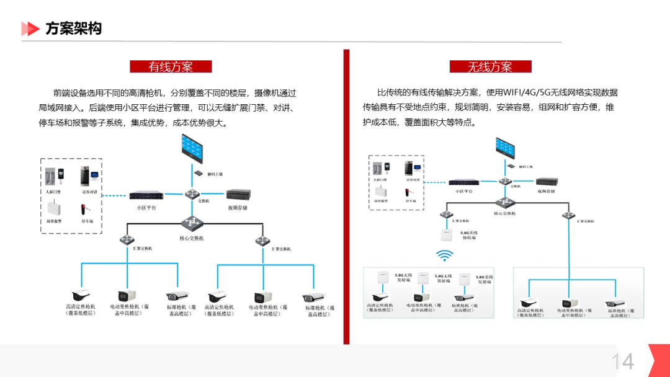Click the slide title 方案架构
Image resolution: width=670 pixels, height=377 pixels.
[73, 29]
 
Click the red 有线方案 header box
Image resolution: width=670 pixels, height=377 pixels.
[171, 66]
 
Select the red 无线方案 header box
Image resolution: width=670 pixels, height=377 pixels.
[490, 66]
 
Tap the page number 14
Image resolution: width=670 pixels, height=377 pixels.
[622, 361]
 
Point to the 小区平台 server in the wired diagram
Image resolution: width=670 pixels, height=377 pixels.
[146, 195]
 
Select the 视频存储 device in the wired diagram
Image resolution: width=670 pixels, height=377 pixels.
[238, 195]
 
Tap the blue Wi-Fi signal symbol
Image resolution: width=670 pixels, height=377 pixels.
[444, 254]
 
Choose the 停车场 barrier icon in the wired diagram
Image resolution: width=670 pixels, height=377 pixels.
[87, 209]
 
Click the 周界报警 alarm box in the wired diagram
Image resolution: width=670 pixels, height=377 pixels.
[55, 208]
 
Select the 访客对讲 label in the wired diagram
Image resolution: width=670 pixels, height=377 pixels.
[91, 192]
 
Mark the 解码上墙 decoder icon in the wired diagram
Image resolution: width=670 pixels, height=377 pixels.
[199, 174]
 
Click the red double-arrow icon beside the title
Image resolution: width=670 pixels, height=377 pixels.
[30, 29]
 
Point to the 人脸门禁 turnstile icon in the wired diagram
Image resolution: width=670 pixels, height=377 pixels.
[55, 175]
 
